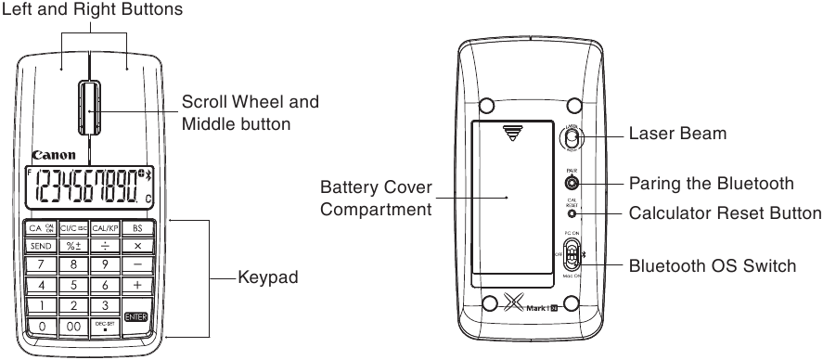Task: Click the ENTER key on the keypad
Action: coord(135,317)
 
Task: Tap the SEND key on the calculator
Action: coord(41,246)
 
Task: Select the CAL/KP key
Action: coord(104,227)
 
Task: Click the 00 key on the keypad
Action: coord(72,327)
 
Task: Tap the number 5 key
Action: coord(72,285)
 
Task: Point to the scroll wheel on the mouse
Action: coord(89,109)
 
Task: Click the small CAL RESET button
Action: coord(572,213)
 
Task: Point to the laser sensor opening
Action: coord(572,137)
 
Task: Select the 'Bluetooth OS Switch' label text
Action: coord(712,266)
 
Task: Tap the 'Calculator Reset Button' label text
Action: coord(725,214)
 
